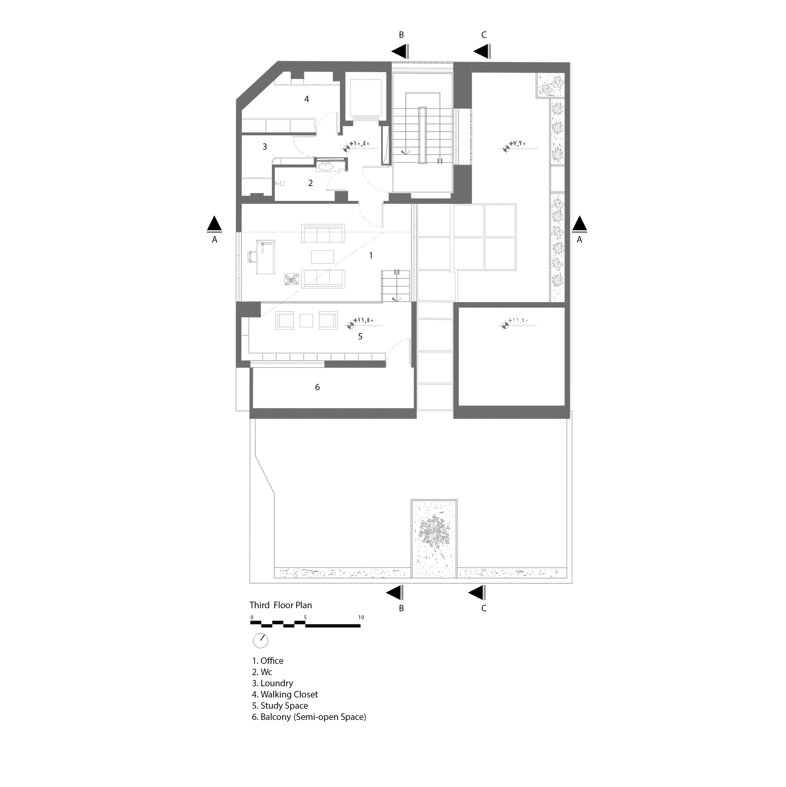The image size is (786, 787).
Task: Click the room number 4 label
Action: [307, 99]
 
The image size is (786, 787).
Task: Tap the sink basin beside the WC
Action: [325, 166]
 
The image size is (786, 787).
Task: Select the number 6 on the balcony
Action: [318, 387]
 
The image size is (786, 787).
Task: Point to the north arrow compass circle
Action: [261, 641]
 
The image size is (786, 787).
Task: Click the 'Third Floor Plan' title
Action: [281, 605]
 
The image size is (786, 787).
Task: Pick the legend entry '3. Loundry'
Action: [272, 683]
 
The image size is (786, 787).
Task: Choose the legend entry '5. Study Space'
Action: [280, 706]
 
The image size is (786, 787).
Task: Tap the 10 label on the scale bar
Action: [361, 617]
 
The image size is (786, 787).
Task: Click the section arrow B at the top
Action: [400, 52]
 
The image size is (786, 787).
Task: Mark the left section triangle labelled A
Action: [215, 225]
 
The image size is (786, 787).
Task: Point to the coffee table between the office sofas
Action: [322, 256]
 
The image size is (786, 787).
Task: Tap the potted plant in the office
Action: [292, 279]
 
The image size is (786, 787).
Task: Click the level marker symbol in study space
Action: [349, 325]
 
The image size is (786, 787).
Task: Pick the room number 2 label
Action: [310, 183]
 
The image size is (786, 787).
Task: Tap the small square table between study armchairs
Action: [306, 321]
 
